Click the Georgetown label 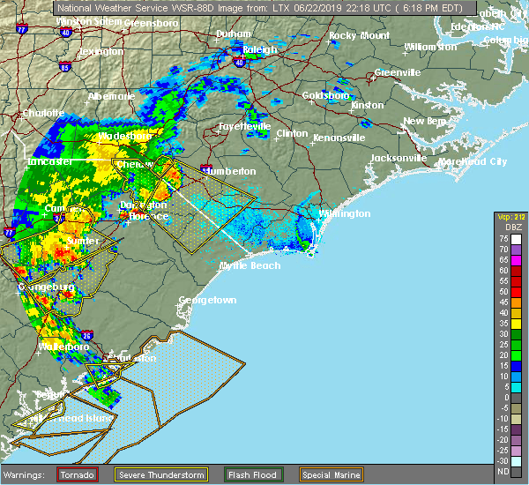tap(207, 300)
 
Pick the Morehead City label tap(475, 161)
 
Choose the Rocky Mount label tap(359, 35)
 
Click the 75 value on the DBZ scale tap(504, 238)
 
